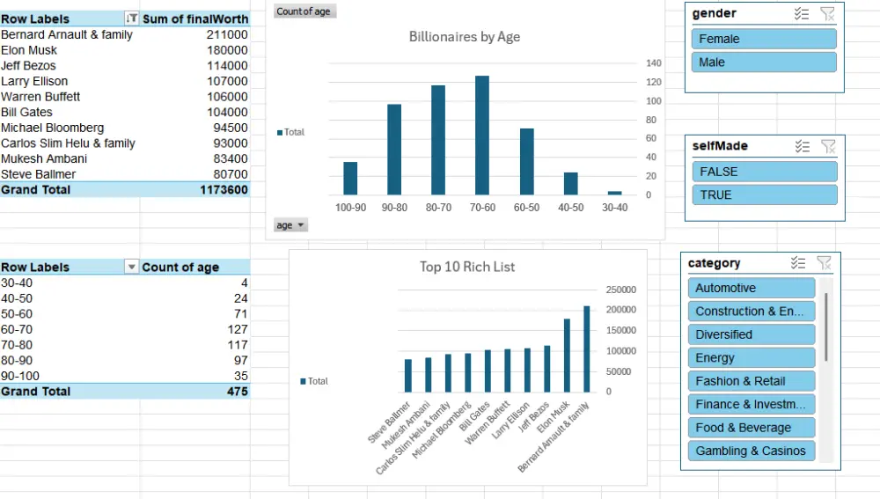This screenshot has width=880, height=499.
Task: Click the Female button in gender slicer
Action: coord(763,39)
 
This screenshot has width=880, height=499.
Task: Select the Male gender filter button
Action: coord(763,62)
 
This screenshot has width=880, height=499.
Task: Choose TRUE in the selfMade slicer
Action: coord(764,194)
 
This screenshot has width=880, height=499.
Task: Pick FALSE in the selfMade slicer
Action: coord(764,172)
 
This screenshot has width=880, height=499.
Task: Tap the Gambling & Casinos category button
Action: coord(751,451)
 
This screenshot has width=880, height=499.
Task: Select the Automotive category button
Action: coord(751,288)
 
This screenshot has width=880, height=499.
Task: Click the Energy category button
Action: coord(751,358)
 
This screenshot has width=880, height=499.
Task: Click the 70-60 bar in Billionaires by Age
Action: coord(482,136)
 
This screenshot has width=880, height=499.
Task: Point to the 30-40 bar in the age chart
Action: coord(614,193)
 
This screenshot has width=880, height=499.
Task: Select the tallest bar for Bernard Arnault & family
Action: coord(587,349)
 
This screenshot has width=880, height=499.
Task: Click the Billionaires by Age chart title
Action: coord(465,37)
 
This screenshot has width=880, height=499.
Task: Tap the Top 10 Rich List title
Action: coord(467,267)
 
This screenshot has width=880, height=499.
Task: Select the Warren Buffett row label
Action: coord(40,97)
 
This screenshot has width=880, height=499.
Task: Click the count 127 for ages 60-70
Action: coord(237,329)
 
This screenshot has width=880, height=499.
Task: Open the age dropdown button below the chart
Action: coord(291,225)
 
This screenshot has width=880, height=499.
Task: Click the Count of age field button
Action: coord(304,11)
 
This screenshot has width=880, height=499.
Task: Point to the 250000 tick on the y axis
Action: coord(620,290)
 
